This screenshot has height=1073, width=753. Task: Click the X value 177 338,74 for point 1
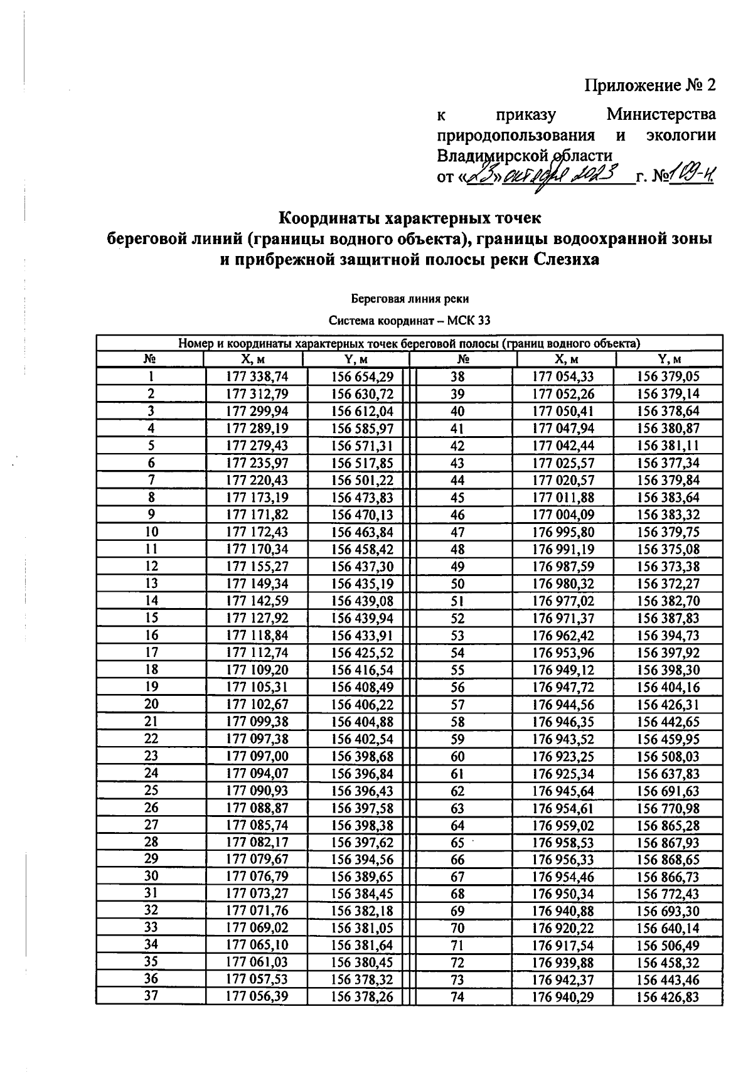(256, 376)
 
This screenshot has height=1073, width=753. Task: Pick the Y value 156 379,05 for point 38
(668, 376)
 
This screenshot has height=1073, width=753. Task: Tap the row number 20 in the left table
(151, 704)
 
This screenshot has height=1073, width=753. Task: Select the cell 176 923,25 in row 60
(563, 757)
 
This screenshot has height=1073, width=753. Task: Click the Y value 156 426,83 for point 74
(668, 997)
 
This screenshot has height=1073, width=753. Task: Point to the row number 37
(151, 996)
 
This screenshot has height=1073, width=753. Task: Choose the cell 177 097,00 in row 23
(256, 756)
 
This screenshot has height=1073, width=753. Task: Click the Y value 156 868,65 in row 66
(668, 860)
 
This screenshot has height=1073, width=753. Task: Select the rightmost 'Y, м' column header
(669, 359)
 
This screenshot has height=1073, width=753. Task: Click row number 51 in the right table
(457, 601)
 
